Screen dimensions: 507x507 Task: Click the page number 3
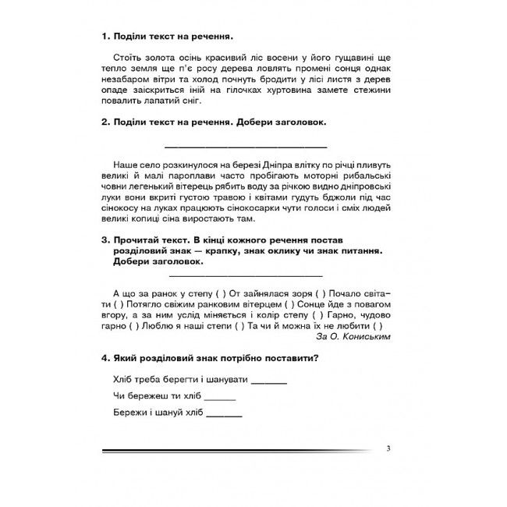click(x=388, y=448)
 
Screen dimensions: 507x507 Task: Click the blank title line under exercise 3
click(x=246, y=275)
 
